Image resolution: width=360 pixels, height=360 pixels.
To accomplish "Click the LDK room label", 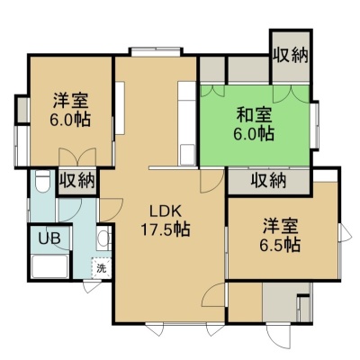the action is point(166,212).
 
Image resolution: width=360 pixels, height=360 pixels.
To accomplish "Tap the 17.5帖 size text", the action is point(166,229).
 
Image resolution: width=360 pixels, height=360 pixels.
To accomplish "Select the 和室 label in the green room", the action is point(254,115).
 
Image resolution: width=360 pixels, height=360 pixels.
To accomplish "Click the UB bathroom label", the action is point(49,238).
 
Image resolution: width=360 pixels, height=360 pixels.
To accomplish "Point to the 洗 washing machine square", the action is point(102,268).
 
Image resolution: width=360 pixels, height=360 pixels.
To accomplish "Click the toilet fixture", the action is point(42,181).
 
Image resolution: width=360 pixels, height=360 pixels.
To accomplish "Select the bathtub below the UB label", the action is point(49,266).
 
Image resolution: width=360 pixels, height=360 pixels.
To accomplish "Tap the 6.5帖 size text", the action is point(280,246).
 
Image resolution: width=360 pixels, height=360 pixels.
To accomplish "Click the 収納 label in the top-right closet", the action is point(291,55).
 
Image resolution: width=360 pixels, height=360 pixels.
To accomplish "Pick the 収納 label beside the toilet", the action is point(76,181).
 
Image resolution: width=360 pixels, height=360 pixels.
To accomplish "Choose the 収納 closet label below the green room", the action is point(269,181).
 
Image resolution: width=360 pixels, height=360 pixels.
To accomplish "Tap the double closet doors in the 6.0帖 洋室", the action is point(77,157).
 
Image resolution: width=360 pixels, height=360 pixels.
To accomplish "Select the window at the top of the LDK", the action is point(156,51).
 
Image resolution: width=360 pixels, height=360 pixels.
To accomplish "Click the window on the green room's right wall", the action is point(314,125).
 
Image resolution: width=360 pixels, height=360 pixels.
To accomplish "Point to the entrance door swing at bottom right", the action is point(279,337).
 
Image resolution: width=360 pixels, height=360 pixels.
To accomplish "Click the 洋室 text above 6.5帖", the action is point(281,227).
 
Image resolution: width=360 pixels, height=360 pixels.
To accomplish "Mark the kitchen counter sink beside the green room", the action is point(187,154).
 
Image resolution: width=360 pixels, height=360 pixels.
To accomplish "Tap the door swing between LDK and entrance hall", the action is point(214,295).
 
